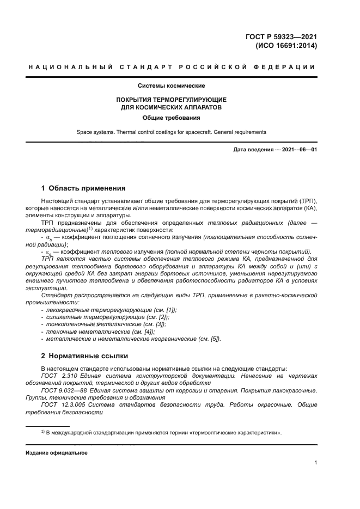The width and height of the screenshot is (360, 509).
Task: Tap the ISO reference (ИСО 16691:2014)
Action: coord(286,46)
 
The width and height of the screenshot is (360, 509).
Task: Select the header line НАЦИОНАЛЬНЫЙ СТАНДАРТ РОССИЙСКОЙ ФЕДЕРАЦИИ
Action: coord(172,67)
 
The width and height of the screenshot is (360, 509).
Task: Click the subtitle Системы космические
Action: coord(172,86)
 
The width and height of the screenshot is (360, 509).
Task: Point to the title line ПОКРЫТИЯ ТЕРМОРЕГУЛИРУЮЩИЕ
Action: coord(172,100)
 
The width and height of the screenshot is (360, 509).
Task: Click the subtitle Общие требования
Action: coord(172,117)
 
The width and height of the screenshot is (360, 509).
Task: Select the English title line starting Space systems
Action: coord(172,132)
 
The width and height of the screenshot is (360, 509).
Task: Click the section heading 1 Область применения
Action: coord(83,188)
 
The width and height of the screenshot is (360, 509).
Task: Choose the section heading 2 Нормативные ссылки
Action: coord(84,356)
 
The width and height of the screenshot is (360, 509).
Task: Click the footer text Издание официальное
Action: coord(53,453)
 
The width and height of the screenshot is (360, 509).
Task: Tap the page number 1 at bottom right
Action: coord(315,463)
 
